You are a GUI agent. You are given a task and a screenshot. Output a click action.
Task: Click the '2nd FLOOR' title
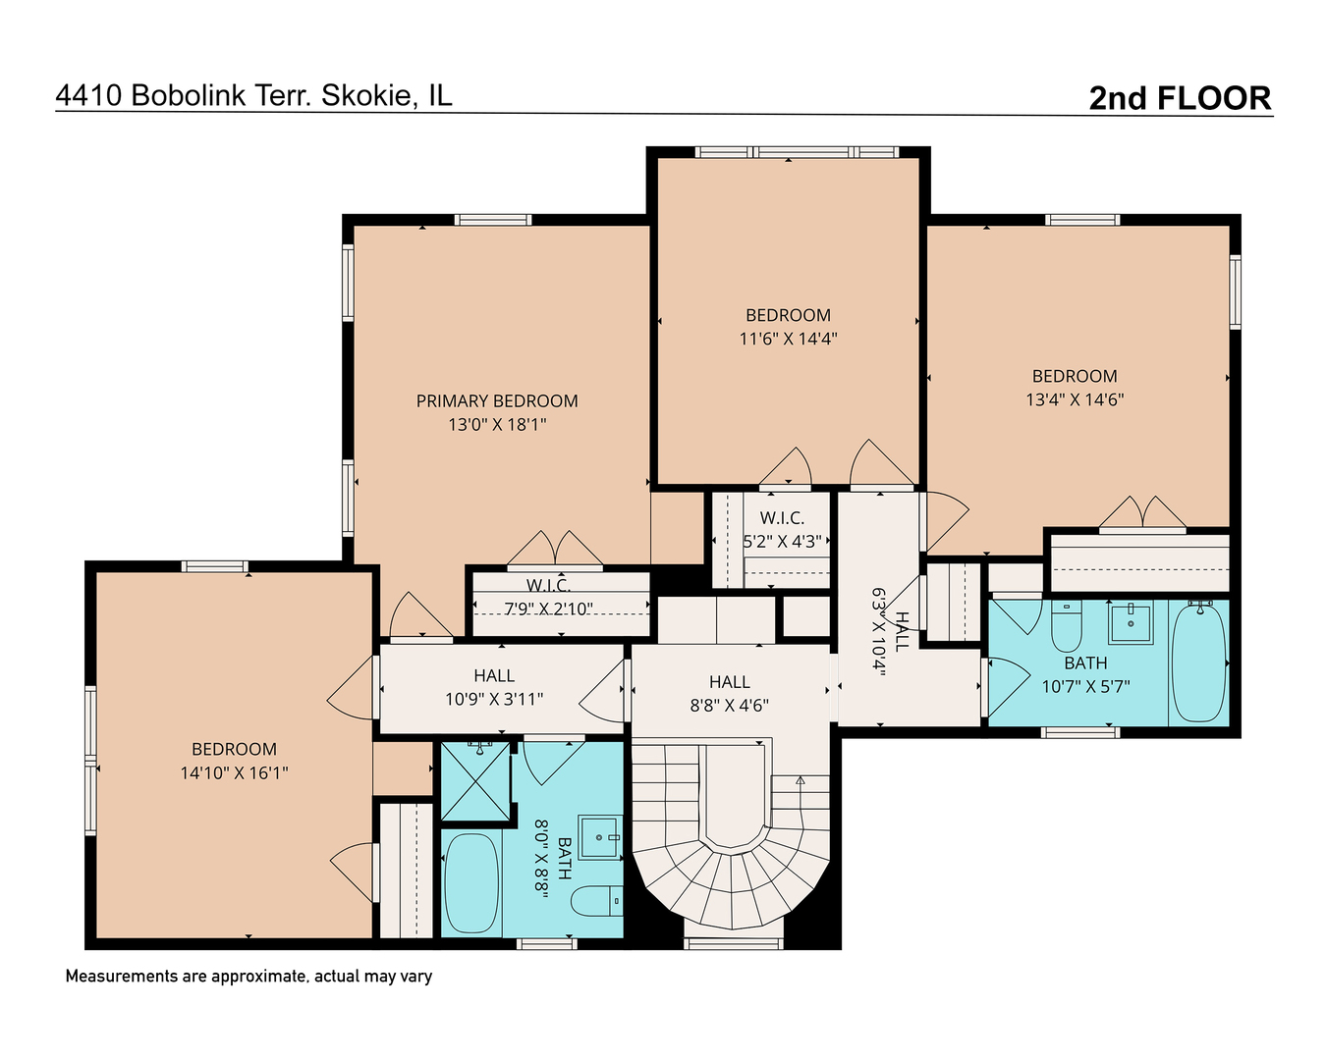point(1180,98)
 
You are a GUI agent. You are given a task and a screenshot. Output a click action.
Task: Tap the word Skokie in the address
point(367,95)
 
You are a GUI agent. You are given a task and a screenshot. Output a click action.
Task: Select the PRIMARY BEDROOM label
point(497,400)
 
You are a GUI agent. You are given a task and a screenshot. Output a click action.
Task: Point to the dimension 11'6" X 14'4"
point(788,339)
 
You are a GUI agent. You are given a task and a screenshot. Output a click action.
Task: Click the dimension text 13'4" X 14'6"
point(1075,399)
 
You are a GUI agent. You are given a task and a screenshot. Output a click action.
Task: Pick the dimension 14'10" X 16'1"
point(234,772)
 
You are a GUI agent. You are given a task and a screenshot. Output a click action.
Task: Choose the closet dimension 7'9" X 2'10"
point(548,609)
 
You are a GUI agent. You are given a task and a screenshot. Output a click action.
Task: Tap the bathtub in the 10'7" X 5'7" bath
point(1198,662)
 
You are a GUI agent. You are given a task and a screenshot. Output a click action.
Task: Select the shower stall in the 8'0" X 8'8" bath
point(475,781)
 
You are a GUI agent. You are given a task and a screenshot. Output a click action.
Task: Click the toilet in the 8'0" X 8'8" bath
point(597,899)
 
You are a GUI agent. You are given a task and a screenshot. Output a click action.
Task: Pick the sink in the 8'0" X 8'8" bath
point(599,837)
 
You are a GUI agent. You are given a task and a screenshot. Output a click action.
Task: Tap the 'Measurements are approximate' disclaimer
point(249,976)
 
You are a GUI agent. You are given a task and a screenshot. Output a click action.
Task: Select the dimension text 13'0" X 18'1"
point(497,424)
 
